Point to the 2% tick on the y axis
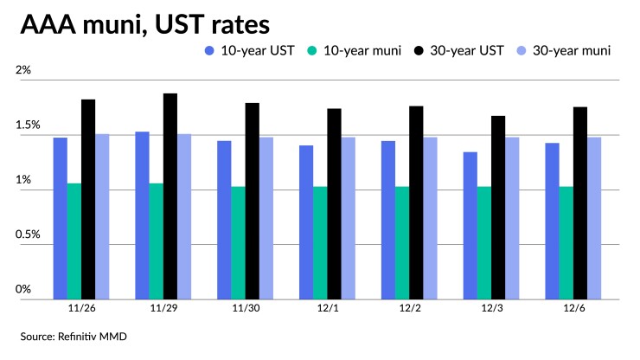(x=22, y=71)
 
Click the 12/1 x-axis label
(x=327, y=307)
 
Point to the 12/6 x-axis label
(x=573, y=307)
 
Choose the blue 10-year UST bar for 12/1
(x=306, y=222)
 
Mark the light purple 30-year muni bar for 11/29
(x=183, y=216)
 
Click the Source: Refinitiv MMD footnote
(x=74, y=336)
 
